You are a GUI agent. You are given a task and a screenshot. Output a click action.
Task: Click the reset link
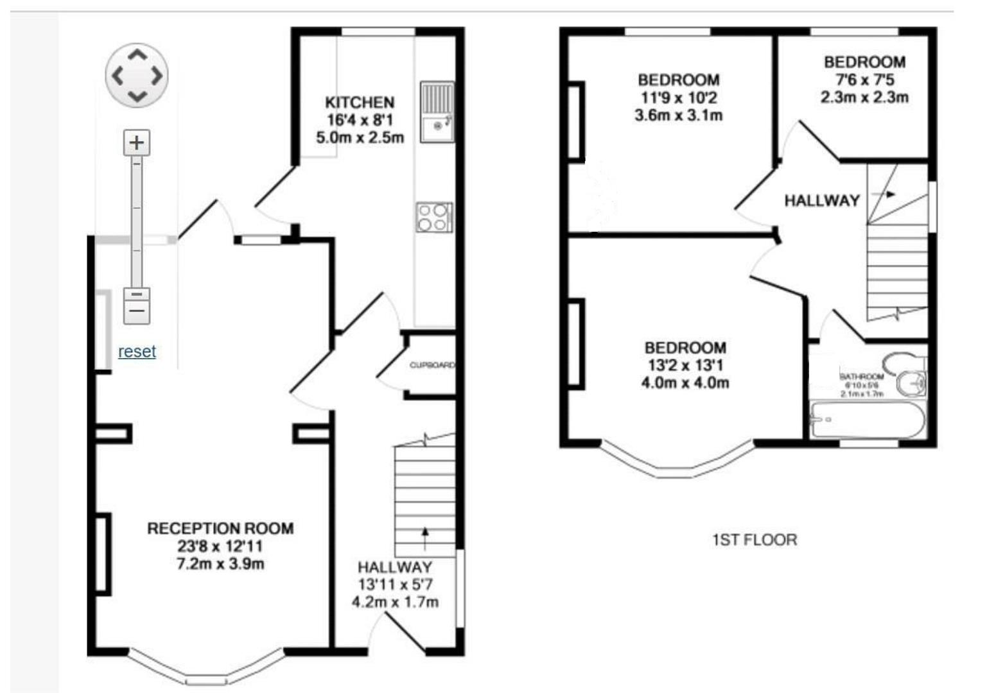click(137, 352)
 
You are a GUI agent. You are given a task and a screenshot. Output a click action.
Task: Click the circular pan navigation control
click(137, 76)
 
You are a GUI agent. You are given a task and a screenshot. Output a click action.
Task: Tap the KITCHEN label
click(360, 103)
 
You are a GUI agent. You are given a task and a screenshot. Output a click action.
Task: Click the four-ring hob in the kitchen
click(434, 217)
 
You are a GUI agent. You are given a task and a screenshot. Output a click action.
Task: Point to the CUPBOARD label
click(432, 365)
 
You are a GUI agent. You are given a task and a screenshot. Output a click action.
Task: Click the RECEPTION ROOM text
click(220, 529)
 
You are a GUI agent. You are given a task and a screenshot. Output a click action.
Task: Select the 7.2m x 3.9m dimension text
click(220, 564)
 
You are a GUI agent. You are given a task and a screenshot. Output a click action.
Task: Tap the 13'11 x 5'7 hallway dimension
click(395, 585)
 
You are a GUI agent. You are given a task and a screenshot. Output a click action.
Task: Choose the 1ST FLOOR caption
click(755, 540)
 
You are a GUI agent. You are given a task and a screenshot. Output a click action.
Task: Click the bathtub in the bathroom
click(867, 420)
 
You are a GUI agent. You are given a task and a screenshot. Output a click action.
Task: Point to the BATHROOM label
click(862, 377)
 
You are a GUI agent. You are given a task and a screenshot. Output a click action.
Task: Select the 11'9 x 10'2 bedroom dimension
click(678, 98)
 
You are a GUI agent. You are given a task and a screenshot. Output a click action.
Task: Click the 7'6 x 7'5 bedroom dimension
click(864, 80)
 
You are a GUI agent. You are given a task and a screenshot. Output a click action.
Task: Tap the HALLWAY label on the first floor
click(821, 201)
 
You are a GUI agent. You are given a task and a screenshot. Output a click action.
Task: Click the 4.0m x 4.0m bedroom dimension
click(685, 383)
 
